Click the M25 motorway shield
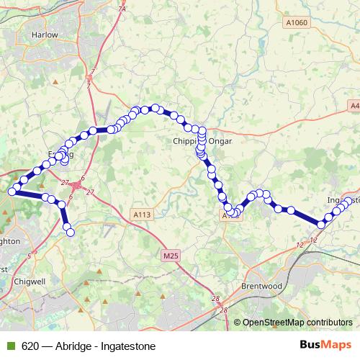(170, 256)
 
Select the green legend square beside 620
(9, 346)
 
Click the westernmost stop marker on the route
(12, 191)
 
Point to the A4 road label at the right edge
(354, 106)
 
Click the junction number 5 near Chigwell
(29, 256)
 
